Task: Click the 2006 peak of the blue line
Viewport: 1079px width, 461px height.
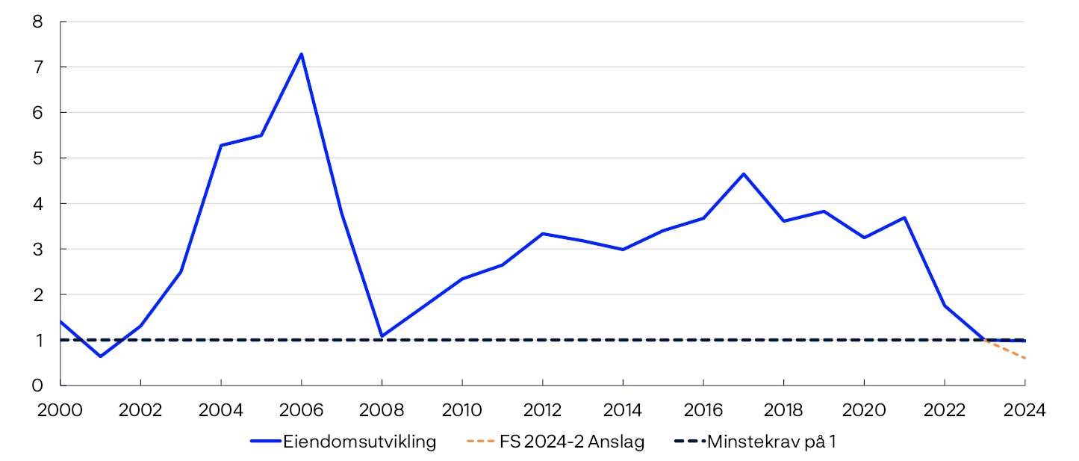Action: coord(301,54)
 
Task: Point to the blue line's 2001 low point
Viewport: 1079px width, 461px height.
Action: coord(100,356)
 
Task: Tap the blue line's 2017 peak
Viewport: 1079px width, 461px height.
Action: coord(744,174)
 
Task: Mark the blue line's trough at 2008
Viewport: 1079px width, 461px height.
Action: coord(382,336)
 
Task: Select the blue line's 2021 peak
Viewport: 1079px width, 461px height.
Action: coord(904,217)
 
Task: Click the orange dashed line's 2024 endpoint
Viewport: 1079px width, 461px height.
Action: coord(1025,358)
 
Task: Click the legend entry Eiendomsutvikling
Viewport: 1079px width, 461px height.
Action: coord(359,442)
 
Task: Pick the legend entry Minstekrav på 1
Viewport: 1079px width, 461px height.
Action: coord(771,442)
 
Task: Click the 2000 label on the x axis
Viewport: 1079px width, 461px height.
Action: coord(60,409)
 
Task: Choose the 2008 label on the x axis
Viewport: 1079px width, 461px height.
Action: coord(382,409)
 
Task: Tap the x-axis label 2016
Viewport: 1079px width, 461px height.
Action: coord(703,409)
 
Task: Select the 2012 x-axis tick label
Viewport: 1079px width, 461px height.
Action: coord(543,409)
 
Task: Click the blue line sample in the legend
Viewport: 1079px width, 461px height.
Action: coord(264,442)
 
